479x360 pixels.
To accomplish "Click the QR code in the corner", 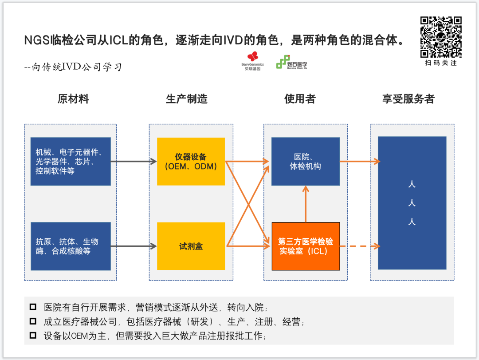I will coord(441,37).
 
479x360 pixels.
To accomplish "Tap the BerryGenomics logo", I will coord(252,60).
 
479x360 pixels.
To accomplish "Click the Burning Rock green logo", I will coord(291,62).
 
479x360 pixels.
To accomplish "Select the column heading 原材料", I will coord(73,99).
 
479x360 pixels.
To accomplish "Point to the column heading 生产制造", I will coord(186,99).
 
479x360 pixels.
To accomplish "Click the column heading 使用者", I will coord(300,99).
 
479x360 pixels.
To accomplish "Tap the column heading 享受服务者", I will coord(408,99).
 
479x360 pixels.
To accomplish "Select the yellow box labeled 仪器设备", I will coord(191,162).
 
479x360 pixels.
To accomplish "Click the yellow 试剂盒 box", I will coord(191,246).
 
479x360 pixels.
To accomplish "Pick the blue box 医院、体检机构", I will coord(305,162).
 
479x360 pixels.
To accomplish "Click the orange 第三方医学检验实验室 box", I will coord(306,246).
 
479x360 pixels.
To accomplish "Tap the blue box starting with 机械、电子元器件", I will coord(70,162).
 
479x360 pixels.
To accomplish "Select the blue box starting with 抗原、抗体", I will coord(70,246).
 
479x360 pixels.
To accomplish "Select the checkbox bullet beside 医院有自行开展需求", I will coord(33,307).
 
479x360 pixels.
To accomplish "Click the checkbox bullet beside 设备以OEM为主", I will coord(33,336).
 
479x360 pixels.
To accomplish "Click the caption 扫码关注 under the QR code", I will coord(441,63).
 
